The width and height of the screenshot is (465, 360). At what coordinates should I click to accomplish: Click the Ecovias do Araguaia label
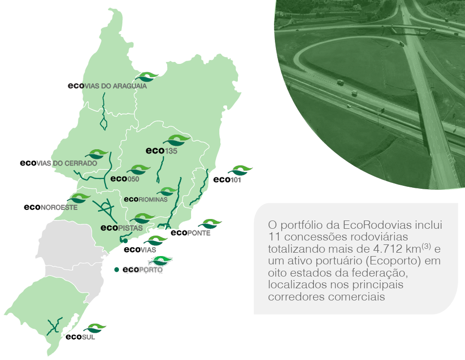pyautogui.click(x=107, y=86)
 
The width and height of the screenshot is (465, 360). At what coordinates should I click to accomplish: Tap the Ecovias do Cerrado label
pyautogui.click(x=58, y=163)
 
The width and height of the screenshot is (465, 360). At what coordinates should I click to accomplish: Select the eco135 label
pyautogui.click(x=161, y=151)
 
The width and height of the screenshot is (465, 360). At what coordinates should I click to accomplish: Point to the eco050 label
pyautogui.click(x=125, y=179)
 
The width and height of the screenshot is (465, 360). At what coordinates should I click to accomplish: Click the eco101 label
pyautogui.click(x=228, y=180)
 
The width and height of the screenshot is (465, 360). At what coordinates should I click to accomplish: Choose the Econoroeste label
pyautogui.click(x=51, y=207)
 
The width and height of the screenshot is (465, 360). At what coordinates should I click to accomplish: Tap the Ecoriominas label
pyautogui.click(x=146, y=200)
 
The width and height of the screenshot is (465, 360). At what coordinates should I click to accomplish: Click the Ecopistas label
pyautogui.click(x=121, y=228)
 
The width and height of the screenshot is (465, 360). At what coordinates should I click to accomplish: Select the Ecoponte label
pyautogui.click(x=191, y=233)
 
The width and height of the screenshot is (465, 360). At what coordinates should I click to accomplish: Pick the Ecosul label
pyautogui.click(x=80, y=337)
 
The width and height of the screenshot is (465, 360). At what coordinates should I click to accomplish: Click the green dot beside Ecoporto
pyautogui.click(x=116, y=270)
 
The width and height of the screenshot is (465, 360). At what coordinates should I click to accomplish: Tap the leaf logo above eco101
pyautogui.click(x=240, y=170)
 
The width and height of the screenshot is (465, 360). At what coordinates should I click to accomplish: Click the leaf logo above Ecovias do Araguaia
pyautogui.click(x=146, y=77)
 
